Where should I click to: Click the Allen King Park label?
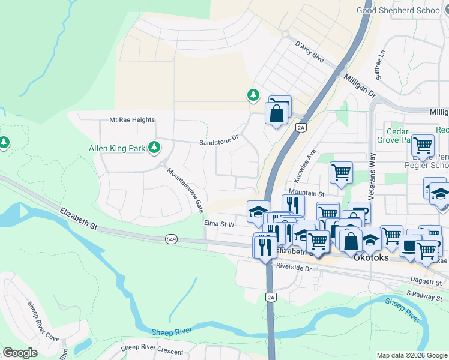coord(117,148)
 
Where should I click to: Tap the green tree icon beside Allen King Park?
coord(154,146)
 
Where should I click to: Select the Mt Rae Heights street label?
coord(131,120)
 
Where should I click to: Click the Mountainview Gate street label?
coord(184,190)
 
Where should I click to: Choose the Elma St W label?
coord(218,223)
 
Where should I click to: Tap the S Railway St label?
coord(424,293)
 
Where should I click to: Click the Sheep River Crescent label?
coord(152,348)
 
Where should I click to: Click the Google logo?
coord(20,353)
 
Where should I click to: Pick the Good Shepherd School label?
coord(398,10)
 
